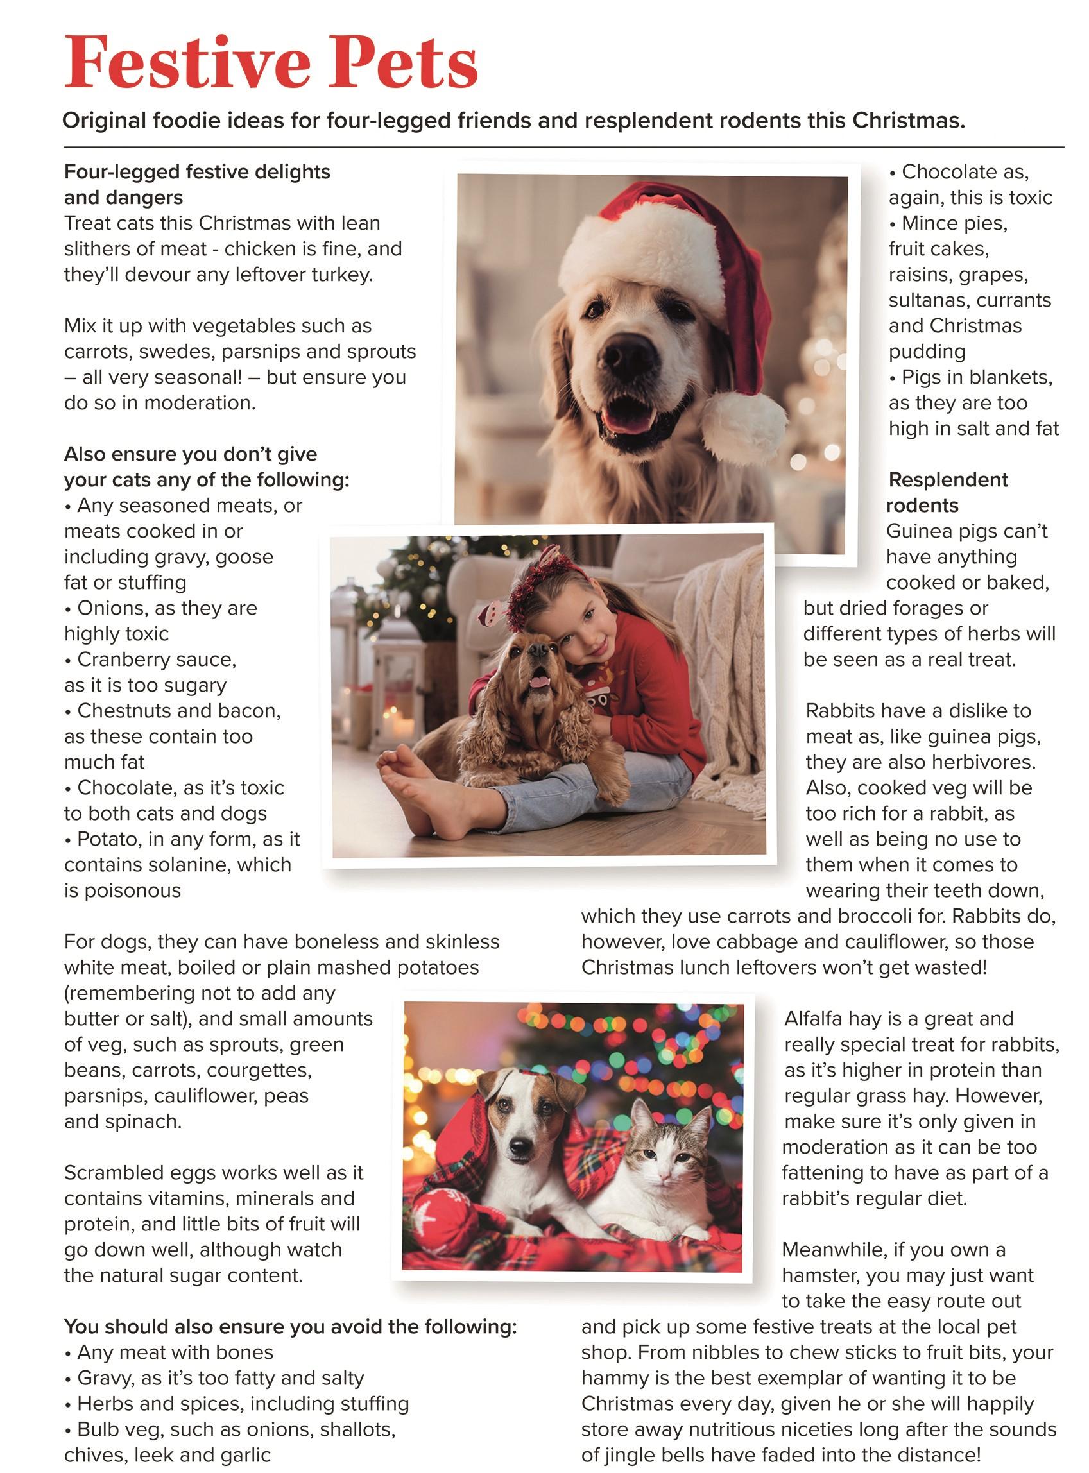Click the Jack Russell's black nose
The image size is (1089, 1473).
click(x=520, y=1146)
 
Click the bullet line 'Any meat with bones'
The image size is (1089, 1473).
click(x=175, y=1352)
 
